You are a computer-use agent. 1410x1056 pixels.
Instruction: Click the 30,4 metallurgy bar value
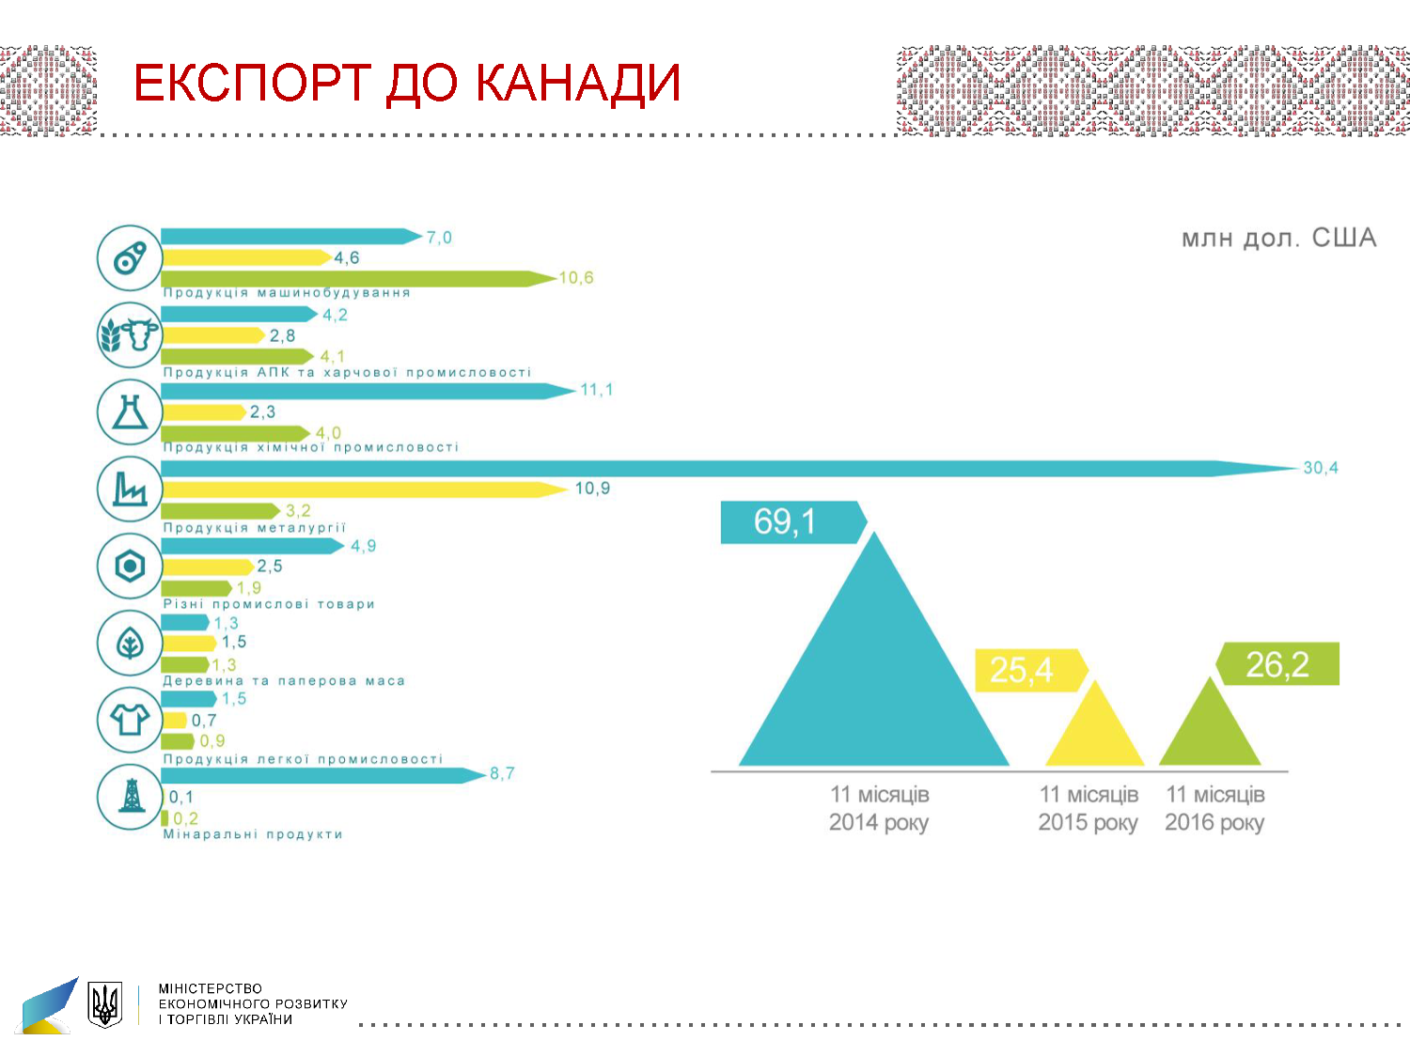pos(1320,468)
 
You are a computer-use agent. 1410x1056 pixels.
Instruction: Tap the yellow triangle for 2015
pos(1095,733)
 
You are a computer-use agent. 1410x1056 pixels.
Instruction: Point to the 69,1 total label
pos(786,522)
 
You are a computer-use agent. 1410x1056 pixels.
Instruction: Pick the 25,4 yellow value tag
pos(1023,670)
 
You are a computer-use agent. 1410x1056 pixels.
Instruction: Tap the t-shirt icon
pos(130,720)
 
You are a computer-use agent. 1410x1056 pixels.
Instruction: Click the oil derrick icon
pos(130,797)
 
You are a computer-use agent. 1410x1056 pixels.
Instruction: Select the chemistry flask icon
pos(130,412)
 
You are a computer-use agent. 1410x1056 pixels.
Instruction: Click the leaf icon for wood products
pos(130,644)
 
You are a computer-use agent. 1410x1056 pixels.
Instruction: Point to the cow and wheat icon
pos(130,334)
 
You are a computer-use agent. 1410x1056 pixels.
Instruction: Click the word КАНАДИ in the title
pos(577,83)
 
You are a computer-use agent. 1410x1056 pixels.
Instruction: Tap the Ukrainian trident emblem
pos(105,1004)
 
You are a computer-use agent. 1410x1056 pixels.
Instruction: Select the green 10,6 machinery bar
pos(357,279)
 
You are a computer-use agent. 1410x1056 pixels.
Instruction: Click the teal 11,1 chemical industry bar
pos(367,391)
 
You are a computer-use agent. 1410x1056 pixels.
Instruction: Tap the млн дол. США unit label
pos(1278,239)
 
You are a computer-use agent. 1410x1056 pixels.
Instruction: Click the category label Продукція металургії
pos(255,528)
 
